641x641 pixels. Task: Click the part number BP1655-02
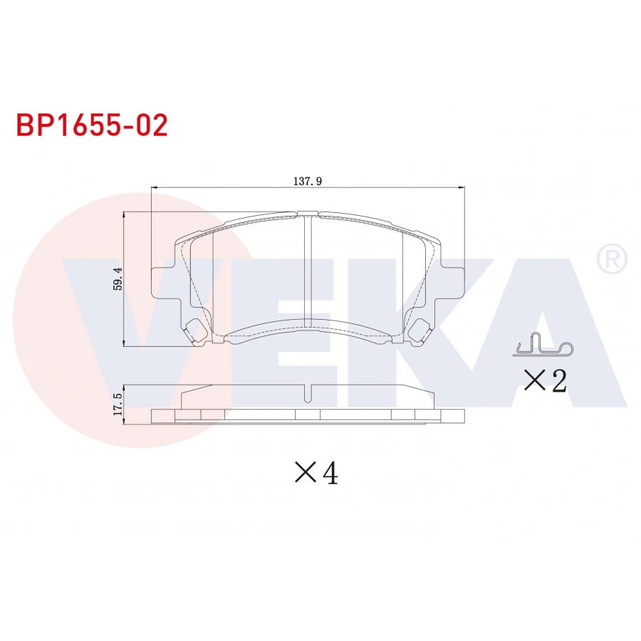point(92,125)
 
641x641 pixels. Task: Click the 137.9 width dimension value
point(308,182)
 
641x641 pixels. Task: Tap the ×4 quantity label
point(316,472)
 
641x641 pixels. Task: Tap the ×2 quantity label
point(545,382)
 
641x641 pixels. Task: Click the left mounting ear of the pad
point(163,281)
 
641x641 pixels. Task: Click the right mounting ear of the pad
point(454,281)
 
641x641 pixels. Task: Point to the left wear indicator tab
point(194,330)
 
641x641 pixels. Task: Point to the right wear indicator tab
point(422,330)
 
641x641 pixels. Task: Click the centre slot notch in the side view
point(308,394)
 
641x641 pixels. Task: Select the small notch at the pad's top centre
point(308,212)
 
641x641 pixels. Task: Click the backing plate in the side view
point(308,416)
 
